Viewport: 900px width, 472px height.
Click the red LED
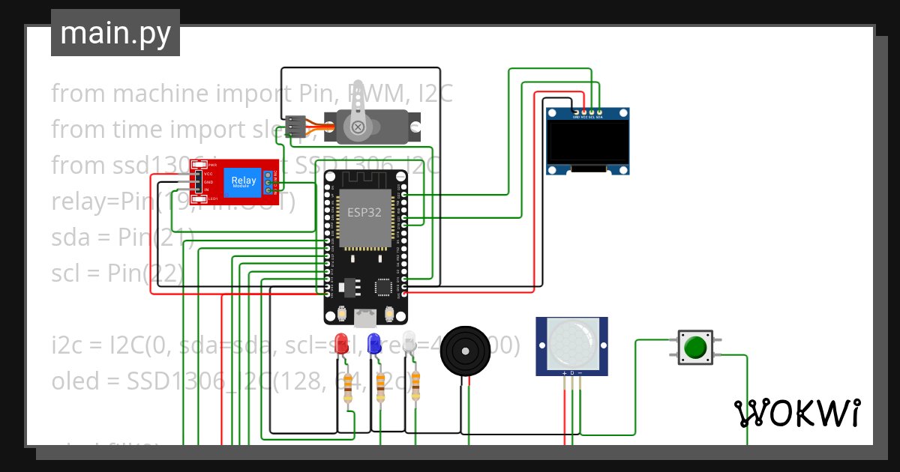(341, 343)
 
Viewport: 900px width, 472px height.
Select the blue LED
(373, 343)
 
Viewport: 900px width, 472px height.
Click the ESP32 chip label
(364, 212)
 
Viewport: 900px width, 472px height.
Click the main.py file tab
(115, 33)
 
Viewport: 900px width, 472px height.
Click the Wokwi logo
(796, 413)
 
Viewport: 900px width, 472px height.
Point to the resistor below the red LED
(348, 388)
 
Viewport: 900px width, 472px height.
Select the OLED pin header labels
(587, 117)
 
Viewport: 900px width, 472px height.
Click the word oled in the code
(75, 381)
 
